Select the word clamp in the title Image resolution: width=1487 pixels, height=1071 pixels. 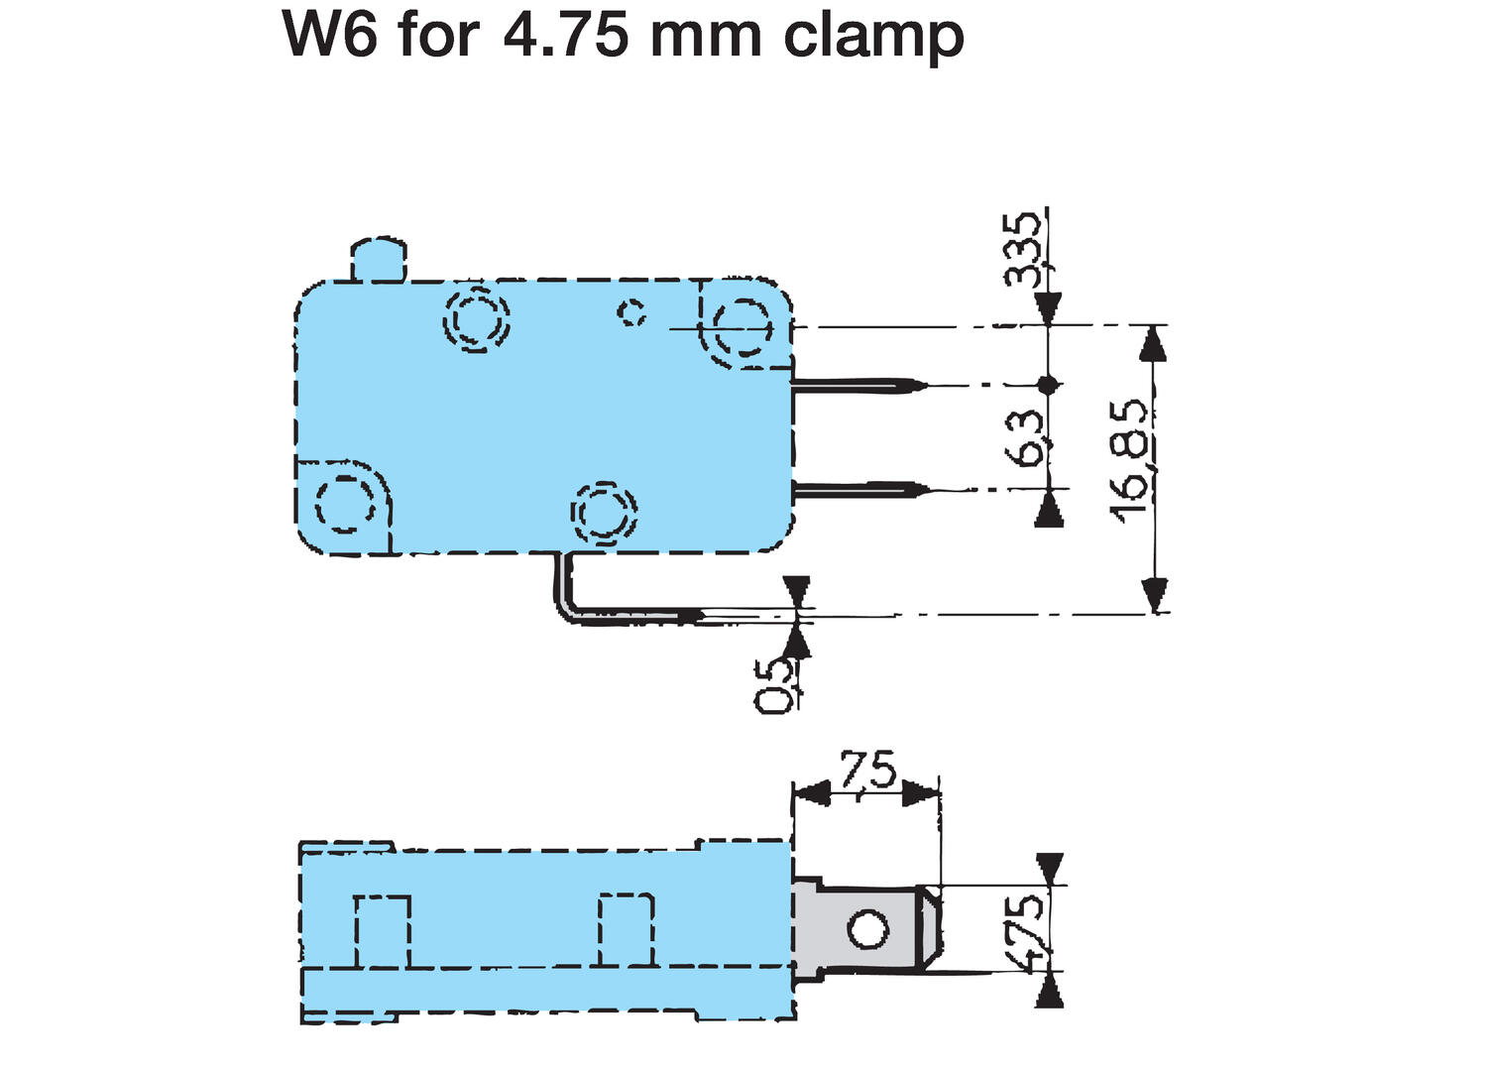tap(873, 37)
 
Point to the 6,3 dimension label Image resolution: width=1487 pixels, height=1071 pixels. tap(1025, 437)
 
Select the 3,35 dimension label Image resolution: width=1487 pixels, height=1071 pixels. tap(1023, 248)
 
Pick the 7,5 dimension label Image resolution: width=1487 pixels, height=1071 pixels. tap(868, 771)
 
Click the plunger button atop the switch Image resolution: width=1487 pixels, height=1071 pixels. tap(378, 260)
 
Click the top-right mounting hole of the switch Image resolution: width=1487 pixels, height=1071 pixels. tap(743, 324)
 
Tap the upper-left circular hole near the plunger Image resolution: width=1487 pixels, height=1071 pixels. tap(475, 319)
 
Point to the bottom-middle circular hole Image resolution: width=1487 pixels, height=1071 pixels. tap(604, 513)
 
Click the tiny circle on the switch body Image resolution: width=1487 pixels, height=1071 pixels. tap(631, 312)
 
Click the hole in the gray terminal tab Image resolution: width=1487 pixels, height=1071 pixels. tap(867, 929)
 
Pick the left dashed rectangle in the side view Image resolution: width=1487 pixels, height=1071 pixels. tap(382, 930)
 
